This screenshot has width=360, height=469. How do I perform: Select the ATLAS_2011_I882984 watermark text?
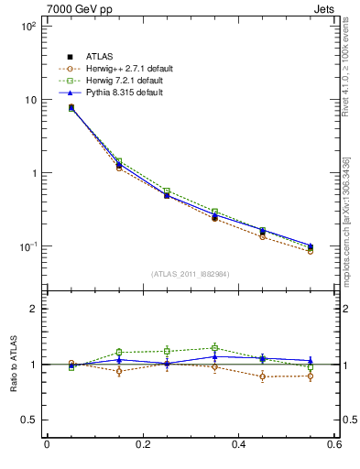pos(190,274)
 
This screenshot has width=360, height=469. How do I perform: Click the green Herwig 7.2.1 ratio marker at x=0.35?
pos(214,348)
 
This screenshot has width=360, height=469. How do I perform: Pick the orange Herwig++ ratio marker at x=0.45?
pos(262,376)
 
